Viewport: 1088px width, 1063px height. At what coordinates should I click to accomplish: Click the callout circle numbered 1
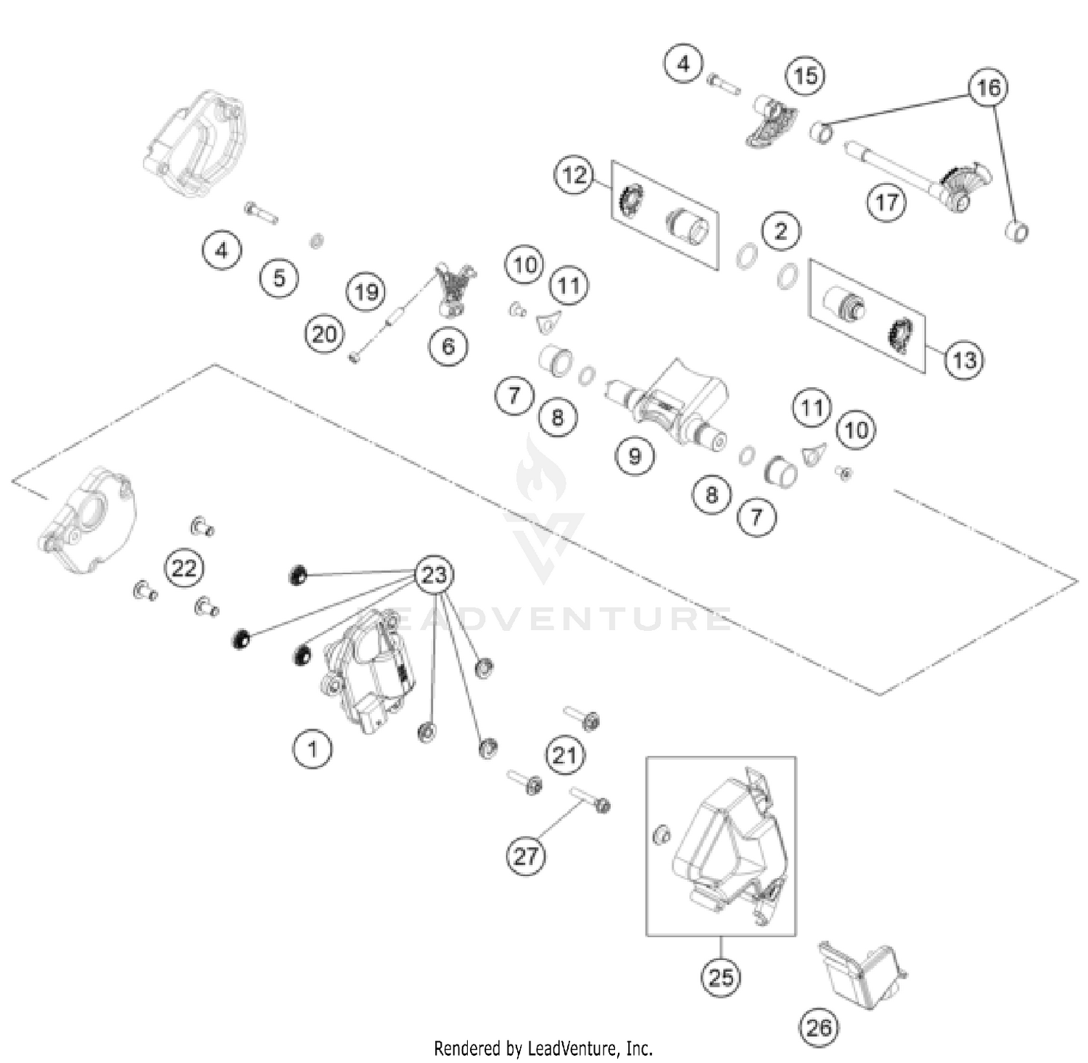pyautogui.click(x=313, y=748)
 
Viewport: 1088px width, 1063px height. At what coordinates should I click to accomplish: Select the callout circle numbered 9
pyautogui.click(x=635, y=456)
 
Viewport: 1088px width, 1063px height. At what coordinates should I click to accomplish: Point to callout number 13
pyautogui.click(x=964, y=360)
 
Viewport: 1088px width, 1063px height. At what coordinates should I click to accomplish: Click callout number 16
pyautogui.click(x=988, y=88)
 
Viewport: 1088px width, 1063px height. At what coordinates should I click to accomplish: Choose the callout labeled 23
pyautogui.click(x=434, y=575)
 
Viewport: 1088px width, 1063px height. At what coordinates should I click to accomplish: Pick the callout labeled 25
pyautogui.click(x=720, y=977)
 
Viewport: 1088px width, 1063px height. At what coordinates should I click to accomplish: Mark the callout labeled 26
pyautogui.click(x=819, y=1027)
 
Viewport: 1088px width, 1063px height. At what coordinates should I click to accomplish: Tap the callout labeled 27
pyautogui.click(x=525, y=856)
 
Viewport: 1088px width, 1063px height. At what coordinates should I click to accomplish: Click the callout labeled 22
pyautogui.click(x=184, y=567)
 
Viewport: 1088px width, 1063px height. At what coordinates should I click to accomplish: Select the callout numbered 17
pyautogui.click(x=886, y=202)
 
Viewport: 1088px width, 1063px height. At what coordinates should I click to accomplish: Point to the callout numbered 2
pyautogui.click(x=780, y=231)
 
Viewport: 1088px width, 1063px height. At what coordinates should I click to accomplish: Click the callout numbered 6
pyautogui.click(x=448, y=346)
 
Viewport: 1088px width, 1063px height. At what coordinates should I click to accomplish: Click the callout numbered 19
pyautogui.click(x=366, y=291)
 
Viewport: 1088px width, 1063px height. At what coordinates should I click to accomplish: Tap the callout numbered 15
pyautogui.click(x=805, y=75)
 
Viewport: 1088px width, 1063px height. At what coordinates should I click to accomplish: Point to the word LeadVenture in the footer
pyautogui.click(x=573, y=1048)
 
